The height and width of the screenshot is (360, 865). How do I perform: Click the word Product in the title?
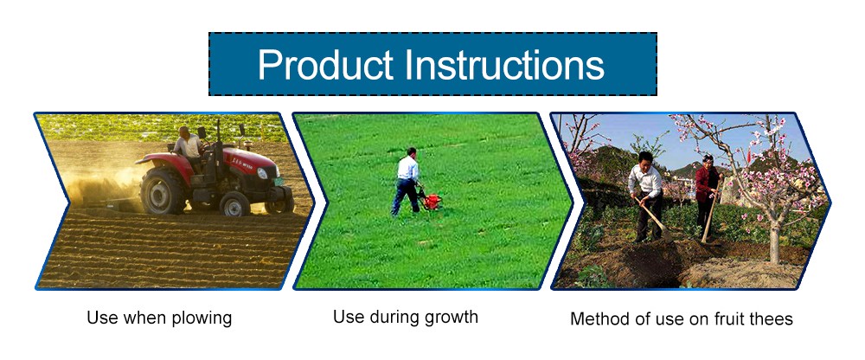click(x=325, y=65)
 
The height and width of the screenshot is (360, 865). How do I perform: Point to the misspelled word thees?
click(x=771, y=318)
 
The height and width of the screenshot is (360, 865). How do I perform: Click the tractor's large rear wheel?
click(x=163, y=190)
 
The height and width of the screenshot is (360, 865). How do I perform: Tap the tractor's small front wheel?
click(x=235, y=203)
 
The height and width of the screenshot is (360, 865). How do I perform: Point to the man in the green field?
click(x=406, y=181)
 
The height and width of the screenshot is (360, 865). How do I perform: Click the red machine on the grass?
click(x=430, y=200)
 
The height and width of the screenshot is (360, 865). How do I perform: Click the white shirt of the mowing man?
click(x=407, y=168)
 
